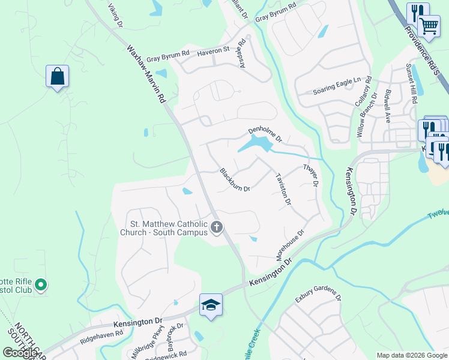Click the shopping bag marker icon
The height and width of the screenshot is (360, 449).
57,77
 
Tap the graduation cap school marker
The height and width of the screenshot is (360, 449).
211,305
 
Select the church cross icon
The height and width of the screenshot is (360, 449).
217,227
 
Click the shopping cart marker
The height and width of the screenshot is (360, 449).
429,26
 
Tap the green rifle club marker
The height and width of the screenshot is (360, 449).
41,284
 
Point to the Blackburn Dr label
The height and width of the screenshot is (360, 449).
235,179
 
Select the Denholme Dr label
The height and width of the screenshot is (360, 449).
265,134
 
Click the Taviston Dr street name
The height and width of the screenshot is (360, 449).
283,189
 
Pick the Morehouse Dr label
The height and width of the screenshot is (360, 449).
291,244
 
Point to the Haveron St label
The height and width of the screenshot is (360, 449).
214,52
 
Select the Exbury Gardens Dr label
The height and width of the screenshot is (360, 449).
318,297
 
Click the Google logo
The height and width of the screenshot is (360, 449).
20,353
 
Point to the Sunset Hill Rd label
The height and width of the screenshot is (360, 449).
412,83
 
